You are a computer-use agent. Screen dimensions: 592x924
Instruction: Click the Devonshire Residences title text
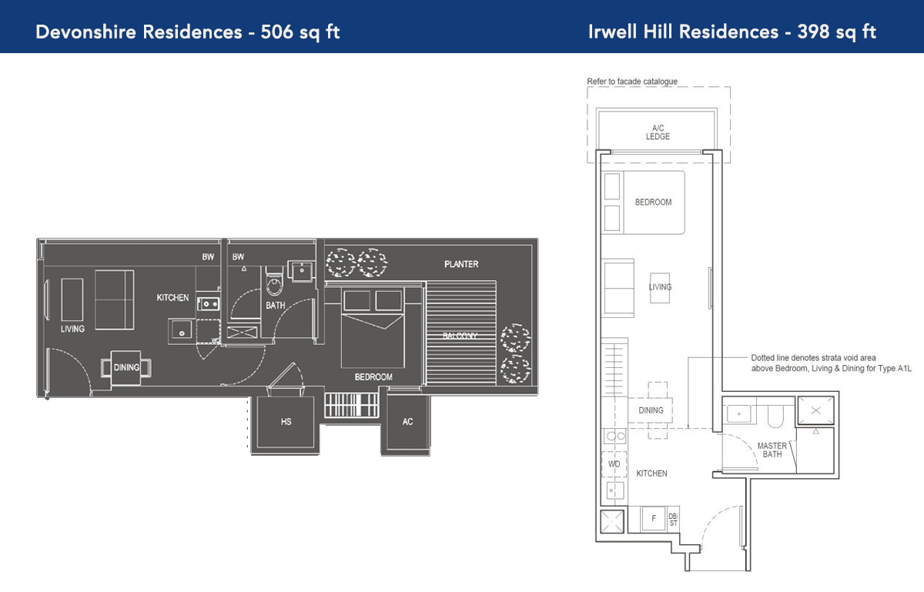(x=188, y=32)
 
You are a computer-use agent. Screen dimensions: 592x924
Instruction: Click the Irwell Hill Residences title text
(x=731, y=32)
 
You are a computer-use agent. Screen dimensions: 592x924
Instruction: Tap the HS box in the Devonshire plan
(x=286, y=422)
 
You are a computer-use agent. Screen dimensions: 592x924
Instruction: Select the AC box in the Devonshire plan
(x=407, y=422)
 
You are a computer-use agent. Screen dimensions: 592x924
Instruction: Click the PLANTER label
(x=461, y=264)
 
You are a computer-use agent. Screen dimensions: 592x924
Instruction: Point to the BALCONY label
(x=460, y=336)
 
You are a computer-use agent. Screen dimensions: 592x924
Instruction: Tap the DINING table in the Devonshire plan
(x=126, y=367)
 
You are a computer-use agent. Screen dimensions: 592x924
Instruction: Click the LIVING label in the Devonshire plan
(x=72, y=329)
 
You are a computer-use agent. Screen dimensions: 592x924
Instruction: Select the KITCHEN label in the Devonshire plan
(x=172, y=298)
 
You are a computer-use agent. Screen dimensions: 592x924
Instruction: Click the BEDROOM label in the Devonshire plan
(x=373, y=377)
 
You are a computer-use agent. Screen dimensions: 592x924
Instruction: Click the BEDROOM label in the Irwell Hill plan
(x=653, y=202)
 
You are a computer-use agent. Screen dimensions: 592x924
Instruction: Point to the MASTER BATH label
(x=772, y=450)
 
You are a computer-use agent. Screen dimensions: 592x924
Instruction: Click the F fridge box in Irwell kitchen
(x=654, y=519)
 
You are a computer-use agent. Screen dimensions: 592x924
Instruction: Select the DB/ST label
(x=673, y=520)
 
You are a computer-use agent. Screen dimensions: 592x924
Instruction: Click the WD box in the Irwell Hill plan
(x=614, y=464)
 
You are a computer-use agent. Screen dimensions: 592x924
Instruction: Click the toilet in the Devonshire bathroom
(x=275, y=286)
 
